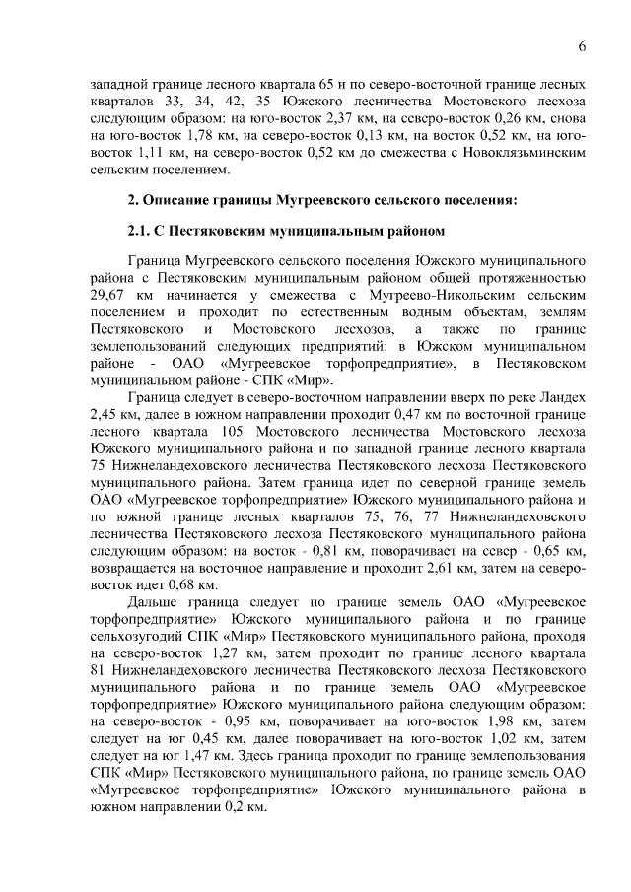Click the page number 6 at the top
point(582,46)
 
